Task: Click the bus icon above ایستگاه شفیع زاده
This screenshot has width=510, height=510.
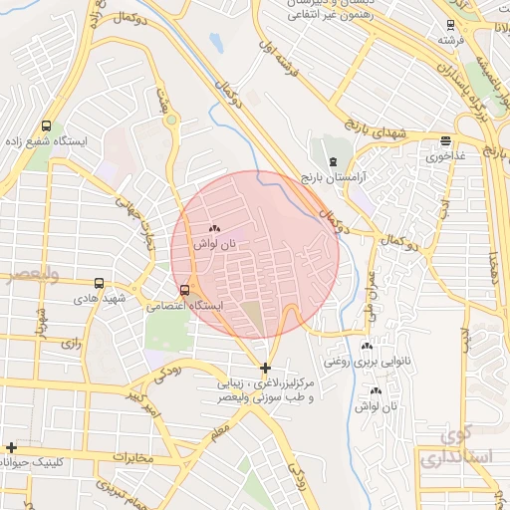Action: (x=47, y=127)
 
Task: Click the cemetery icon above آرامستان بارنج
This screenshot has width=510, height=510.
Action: (x=333, y=160)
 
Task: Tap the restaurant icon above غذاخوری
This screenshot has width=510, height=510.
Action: (x=444, y=141)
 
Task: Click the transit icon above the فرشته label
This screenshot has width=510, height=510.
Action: (x=451, y=26)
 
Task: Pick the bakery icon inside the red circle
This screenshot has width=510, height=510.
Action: (x=214, y=229)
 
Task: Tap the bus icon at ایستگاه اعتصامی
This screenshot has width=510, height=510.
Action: (x=184, y=291)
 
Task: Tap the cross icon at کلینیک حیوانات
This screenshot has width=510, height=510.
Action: (x=11, y=448)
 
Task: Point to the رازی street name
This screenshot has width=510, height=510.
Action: (x=70, y=343)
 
